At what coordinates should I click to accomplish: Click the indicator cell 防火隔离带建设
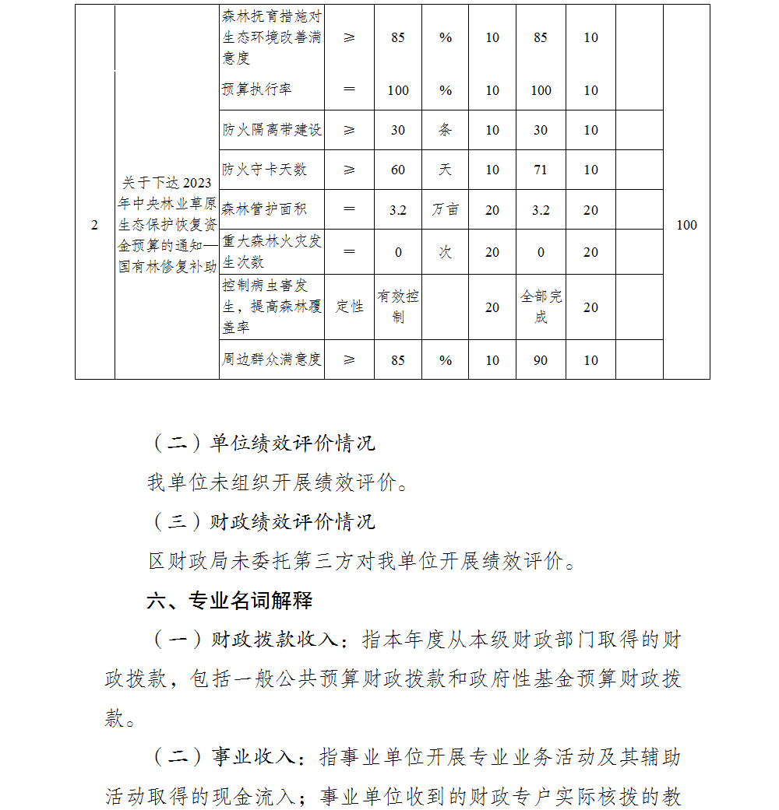272,130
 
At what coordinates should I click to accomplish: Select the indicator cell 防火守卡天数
265,170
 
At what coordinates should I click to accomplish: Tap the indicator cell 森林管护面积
265,209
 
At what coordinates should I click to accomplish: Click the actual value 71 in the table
541,170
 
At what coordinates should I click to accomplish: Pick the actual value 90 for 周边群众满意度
541,359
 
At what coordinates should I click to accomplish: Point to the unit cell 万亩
445,209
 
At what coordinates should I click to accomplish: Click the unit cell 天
445,170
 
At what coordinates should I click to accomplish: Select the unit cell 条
445,130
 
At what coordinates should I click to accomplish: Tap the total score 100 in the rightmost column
686,226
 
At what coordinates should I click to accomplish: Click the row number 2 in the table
95,226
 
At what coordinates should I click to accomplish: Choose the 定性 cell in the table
349,307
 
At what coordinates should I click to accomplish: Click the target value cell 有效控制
398,307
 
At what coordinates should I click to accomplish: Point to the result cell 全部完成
541,307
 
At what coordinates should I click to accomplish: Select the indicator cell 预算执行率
257,90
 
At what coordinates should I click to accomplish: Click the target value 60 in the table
398,170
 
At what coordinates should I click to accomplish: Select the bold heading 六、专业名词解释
230,601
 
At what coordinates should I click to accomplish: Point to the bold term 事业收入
253,757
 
